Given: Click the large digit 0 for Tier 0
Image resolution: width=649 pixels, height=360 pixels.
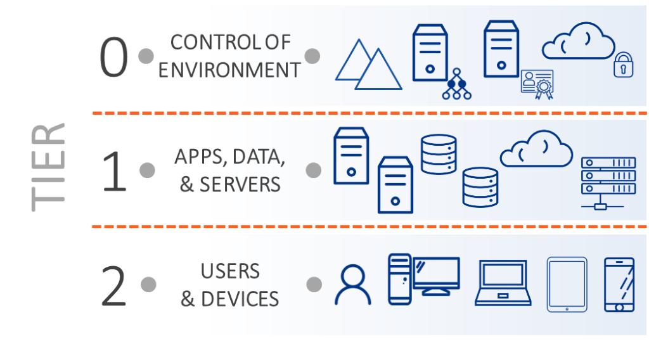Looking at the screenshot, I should [114, 57].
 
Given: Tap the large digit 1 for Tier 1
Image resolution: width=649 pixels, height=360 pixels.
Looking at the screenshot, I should [114, 170].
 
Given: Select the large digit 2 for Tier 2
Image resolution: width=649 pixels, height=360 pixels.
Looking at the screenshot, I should [114, 286].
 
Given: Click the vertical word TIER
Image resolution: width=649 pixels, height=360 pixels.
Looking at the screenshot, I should [48, 166].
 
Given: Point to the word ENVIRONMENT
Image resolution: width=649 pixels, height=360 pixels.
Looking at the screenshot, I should [229, 70].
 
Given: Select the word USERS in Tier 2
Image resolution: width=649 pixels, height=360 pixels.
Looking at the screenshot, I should [230, 271].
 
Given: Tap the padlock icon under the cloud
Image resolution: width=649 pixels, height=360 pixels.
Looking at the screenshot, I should [624, 65].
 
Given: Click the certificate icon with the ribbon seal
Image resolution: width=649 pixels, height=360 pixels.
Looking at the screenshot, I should [537, 84].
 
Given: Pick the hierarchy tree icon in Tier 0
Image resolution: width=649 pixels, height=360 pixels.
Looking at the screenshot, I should [457, 87].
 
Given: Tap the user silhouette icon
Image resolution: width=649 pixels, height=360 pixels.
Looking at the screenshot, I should [353, 285].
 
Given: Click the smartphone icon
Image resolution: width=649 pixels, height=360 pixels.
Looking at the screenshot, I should [619, 284].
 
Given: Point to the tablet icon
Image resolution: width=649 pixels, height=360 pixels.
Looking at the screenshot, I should [567, 284].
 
